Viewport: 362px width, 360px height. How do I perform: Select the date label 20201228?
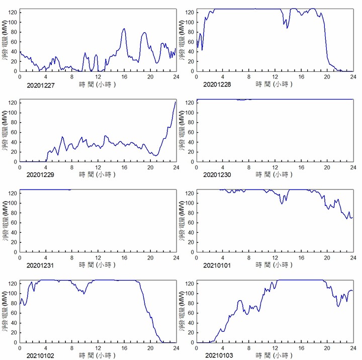pos(217,84)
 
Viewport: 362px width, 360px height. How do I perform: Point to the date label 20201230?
pos(217,175)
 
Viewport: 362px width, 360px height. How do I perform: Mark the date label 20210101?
pos(217,265)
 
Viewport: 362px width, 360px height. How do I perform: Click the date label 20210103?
pos(217,355)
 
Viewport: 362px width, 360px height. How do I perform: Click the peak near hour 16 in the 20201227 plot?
pos(124,29)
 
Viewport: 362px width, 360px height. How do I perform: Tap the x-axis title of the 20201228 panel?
pos(274,84)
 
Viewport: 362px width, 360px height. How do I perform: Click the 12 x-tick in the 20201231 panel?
pos(98,258)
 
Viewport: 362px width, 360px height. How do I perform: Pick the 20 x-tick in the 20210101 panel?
pos(327,258)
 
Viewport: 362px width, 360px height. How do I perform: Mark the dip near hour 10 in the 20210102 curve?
pos(84,293)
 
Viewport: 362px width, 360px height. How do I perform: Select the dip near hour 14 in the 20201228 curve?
pos(287,28)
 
